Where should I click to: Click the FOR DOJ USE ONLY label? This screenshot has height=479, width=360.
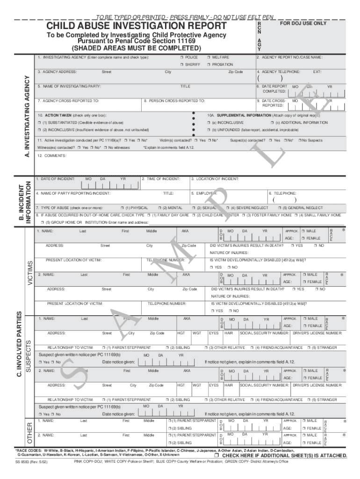[303, 23]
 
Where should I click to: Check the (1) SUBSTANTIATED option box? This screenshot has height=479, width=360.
[39, 122]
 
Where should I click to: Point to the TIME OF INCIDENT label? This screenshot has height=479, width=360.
[161, 179]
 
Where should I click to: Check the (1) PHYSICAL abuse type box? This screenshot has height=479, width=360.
[122, 208]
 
